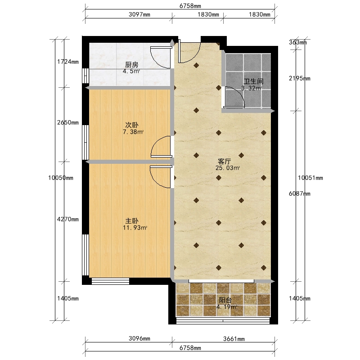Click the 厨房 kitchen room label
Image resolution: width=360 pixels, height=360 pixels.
click(x=131, y=65)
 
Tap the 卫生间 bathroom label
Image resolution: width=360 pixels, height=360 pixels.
click(x=253, y=81)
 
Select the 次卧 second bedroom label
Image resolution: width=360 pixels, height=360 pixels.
click(x=131, y=125)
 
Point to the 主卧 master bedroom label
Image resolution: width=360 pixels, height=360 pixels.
click(x=131, y=221)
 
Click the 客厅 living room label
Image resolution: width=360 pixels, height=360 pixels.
click(x=224, y=162)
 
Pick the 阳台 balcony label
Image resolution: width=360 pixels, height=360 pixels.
click(x=225, y=300)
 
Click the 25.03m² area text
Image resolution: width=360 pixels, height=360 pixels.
click(x=228, y=168)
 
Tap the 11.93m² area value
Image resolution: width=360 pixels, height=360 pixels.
click(x=135, y=228)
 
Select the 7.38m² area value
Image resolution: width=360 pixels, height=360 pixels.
click(x=133, y=132)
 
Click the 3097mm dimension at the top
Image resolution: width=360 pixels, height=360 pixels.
click(x=139, y=14)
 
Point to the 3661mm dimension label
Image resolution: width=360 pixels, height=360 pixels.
click(x=234, y=339)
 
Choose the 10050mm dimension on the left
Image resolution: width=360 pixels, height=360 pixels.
click(x=61, y=178)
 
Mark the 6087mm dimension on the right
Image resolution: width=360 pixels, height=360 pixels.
click(x=300, y=193)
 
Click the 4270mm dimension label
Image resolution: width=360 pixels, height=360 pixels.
click(x=68, y=219)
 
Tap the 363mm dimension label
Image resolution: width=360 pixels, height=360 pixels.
click(x=298, y=42)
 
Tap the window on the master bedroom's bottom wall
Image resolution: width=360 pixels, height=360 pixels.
click(x=110, y=281)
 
